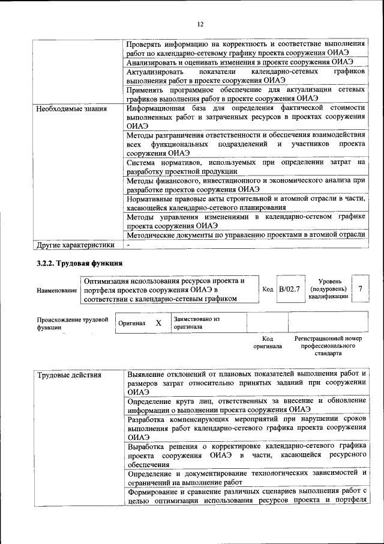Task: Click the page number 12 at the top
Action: click(x=200, y=23)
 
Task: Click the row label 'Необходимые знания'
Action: click(x=72, y=109)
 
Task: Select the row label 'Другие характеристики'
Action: click(x=75, y=245)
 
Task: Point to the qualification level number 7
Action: click(x=360, y=289)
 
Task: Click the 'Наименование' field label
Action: click(x=57, y=290)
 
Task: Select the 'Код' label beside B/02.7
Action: click(x=268, y=290)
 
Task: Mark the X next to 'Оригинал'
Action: click(x=158, y=323)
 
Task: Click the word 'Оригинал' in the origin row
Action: click(x=131, y=323)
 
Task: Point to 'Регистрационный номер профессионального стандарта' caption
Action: click(x=328, y=346)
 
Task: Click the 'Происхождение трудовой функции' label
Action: click(x=72, y=323)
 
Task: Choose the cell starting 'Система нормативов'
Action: click(x=246, y=167)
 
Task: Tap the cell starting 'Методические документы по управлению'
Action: click(x=246, y=235)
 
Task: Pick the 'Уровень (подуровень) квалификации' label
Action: click(x=330, y=289)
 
